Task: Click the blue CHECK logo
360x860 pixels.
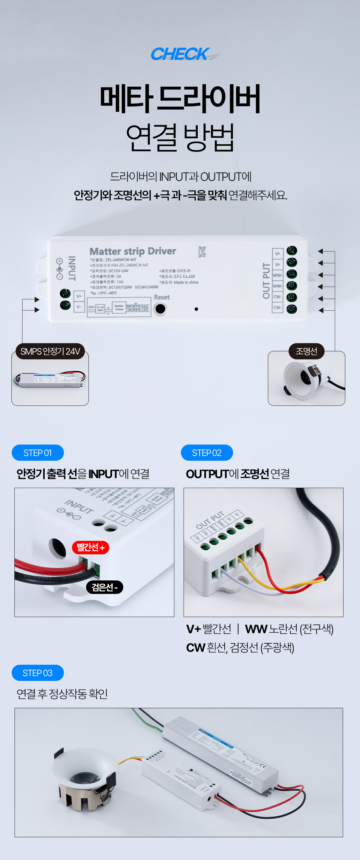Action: click(x=180, y=54)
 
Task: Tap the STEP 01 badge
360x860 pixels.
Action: click(x=38, y=453)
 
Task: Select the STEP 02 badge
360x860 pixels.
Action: click(x=207, y=453)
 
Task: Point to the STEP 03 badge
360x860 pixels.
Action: click(x=38, y=673)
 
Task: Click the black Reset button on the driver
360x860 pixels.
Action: click(x=160, y=309)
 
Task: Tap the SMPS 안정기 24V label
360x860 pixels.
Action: click(x=50, y=351)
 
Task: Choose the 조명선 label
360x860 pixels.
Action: click(x=306, y=351)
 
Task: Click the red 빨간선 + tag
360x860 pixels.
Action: click(x=91, y=547)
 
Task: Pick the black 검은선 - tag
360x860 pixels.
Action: click(x=104, y=587)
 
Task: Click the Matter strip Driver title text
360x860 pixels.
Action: click(x=133, y=251)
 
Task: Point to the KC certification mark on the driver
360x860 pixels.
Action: click(x=202, y=252)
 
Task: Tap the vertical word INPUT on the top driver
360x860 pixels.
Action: click(x=72, y=268)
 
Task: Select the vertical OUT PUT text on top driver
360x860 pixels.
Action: click(x=266, y=280)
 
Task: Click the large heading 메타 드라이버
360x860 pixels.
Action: click(x=180, y=99)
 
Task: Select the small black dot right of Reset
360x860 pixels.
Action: click(x=196, y=309)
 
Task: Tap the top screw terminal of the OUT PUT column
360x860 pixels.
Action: click(x=292, y=250)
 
